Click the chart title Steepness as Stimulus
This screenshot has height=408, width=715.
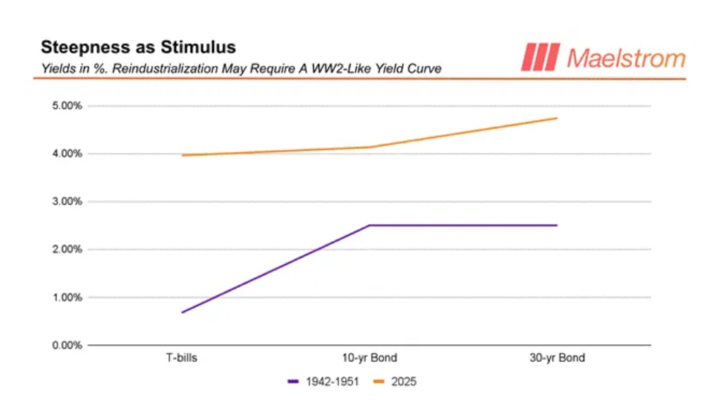click(138, 47)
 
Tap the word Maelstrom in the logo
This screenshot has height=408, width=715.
click(625, 57)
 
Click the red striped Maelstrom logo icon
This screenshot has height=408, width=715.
click(540, 57)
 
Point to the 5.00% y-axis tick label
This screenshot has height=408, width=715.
click(65, 106)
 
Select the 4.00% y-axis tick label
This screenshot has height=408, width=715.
click(65, 154)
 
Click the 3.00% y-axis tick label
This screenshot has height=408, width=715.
click(65, 202)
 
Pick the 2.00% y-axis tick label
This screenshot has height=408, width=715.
click(65, 250)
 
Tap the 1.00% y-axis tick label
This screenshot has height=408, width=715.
click(65, 297)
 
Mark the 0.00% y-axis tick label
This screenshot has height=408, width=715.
click(65, 346)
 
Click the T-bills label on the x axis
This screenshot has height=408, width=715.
click(182, 358)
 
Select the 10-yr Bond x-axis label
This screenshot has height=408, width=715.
click(369, 358)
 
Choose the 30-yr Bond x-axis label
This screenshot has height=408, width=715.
click(556, 358)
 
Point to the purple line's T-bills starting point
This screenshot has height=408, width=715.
click(182, 312)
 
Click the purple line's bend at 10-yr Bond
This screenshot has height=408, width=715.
click(369, 226)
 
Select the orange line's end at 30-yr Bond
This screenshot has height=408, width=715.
click(556, 118)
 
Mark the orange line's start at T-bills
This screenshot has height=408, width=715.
click(182, 155)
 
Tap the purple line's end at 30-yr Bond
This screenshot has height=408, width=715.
click(556, 226)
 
